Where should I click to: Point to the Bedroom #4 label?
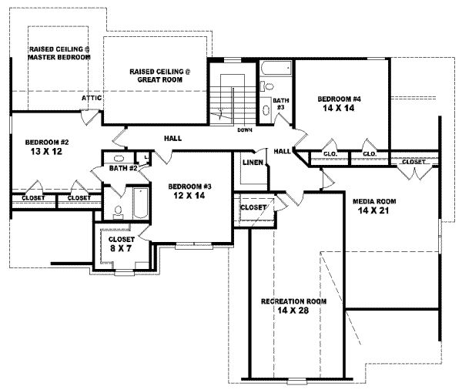340,99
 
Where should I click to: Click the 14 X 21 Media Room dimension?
373,211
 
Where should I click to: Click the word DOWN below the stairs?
245,129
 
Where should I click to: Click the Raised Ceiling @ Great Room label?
159,76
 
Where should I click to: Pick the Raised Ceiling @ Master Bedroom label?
59,52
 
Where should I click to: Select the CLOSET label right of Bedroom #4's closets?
414,162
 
